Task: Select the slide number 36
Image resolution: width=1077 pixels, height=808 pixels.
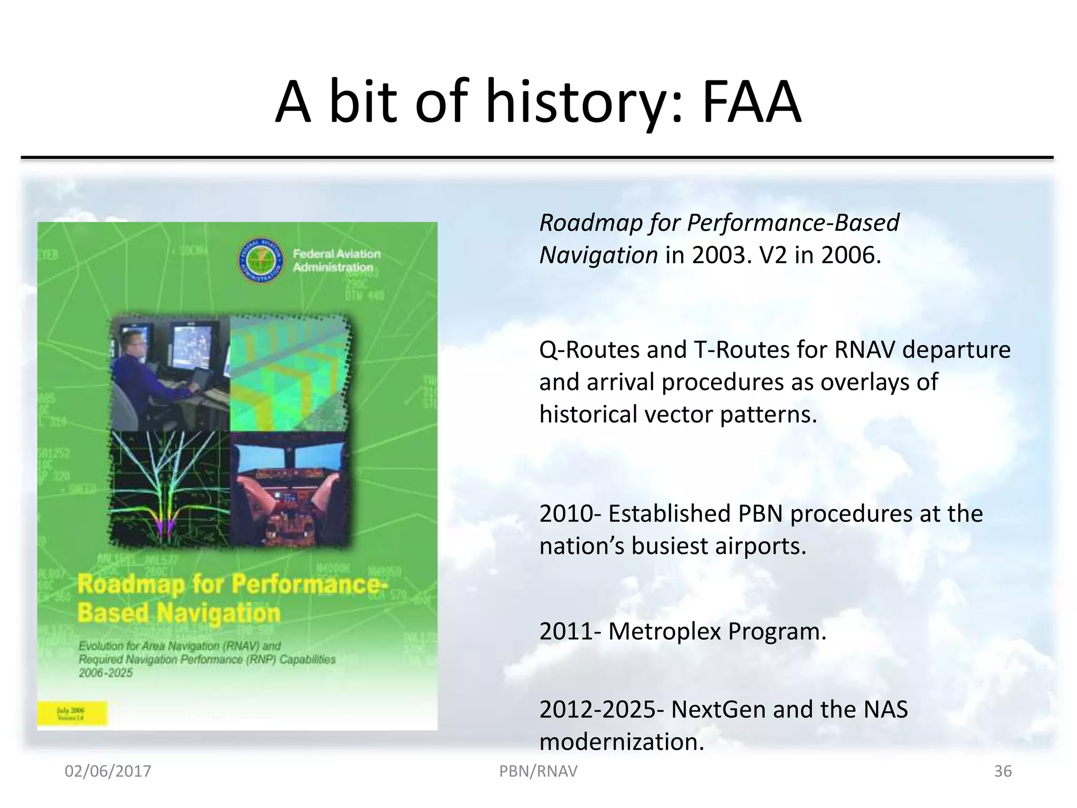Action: (1002, 771)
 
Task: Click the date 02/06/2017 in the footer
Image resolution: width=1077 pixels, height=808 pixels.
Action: (108, 771)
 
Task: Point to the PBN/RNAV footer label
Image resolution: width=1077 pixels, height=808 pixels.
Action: (538, 771)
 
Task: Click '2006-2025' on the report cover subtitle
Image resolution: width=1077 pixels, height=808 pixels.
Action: (106, 673)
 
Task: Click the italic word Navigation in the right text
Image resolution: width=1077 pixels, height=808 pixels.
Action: (598, 256)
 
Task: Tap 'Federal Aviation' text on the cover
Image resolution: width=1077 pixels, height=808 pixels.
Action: (337, 254)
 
